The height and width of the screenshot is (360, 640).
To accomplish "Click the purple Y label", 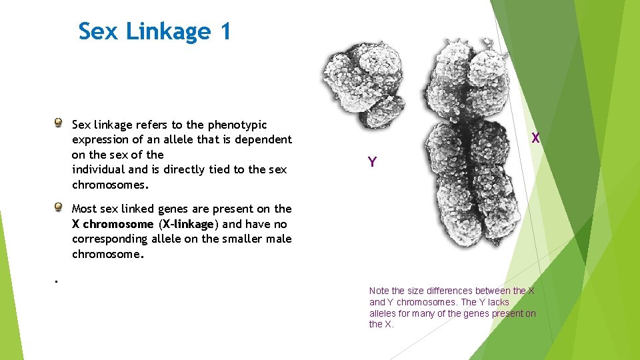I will pos(372,162).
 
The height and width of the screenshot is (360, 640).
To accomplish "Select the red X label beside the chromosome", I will pos(535,139).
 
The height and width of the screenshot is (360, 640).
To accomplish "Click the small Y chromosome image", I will pos(364,80).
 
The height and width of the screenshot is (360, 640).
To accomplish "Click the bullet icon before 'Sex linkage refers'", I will pos(59,123).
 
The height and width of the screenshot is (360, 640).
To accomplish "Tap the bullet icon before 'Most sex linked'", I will pos(59,207).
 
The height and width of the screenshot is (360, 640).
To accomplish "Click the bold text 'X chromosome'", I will pos(113,224).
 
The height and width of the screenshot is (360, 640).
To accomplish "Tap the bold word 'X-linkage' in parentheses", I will pos(187,224).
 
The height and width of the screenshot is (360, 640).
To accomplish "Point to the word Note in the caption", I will pos(379,291).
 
